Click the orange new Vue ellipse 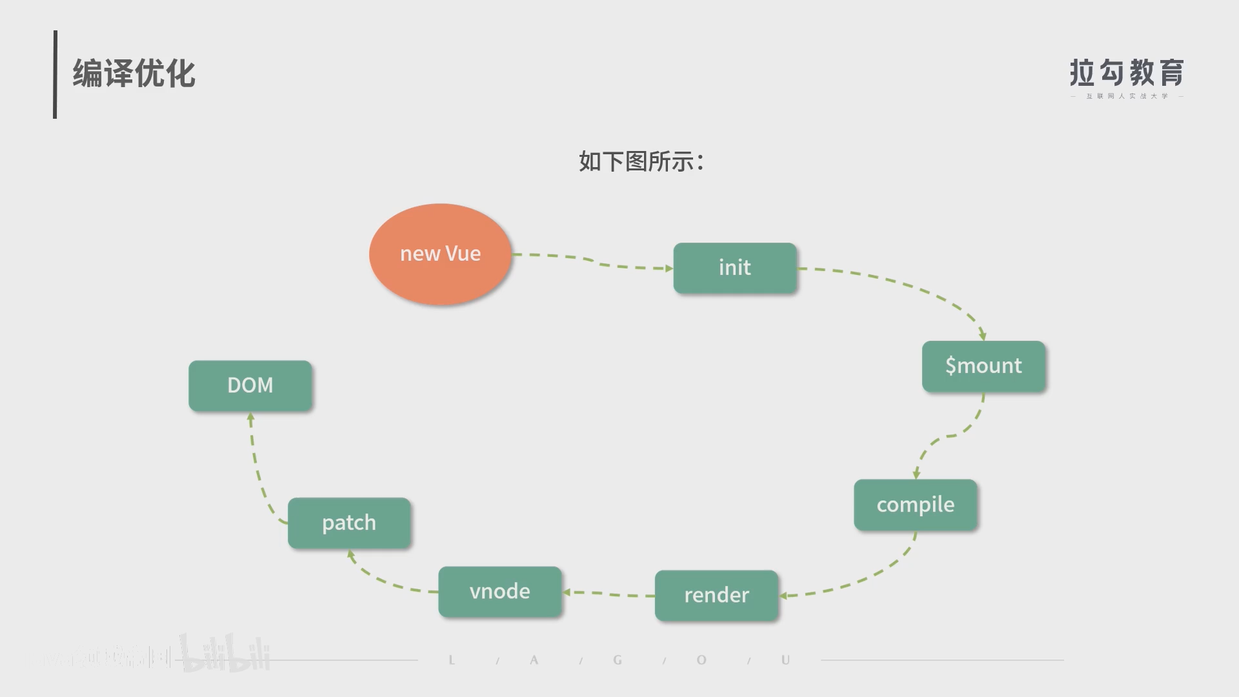[x=440, y=254]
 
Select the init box [x=734, y=268]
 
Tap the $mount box [x=983, y=366]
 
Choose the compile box [x=915, y=505]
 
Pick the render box [x=716, y=595]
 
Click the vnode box [x=499, y=591]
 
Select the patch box [x=348, y=523]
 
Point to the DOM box [x=250, y=385]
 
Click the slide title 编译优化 [x=134, y=74]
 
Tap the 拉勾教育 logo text [x=1126, y=73]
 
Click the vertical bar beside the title [x=55, y=74]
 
